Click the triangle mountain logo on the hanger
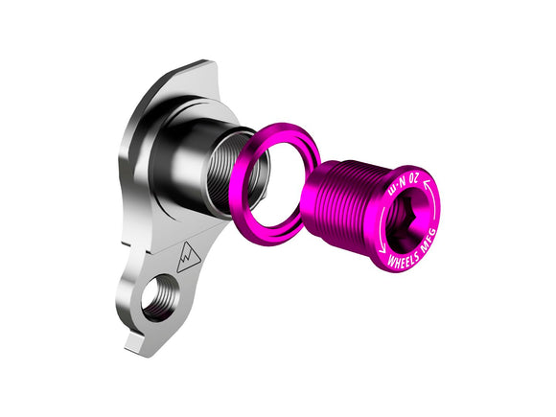[189, 257]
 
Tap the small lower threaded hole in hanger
[158, 295]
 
